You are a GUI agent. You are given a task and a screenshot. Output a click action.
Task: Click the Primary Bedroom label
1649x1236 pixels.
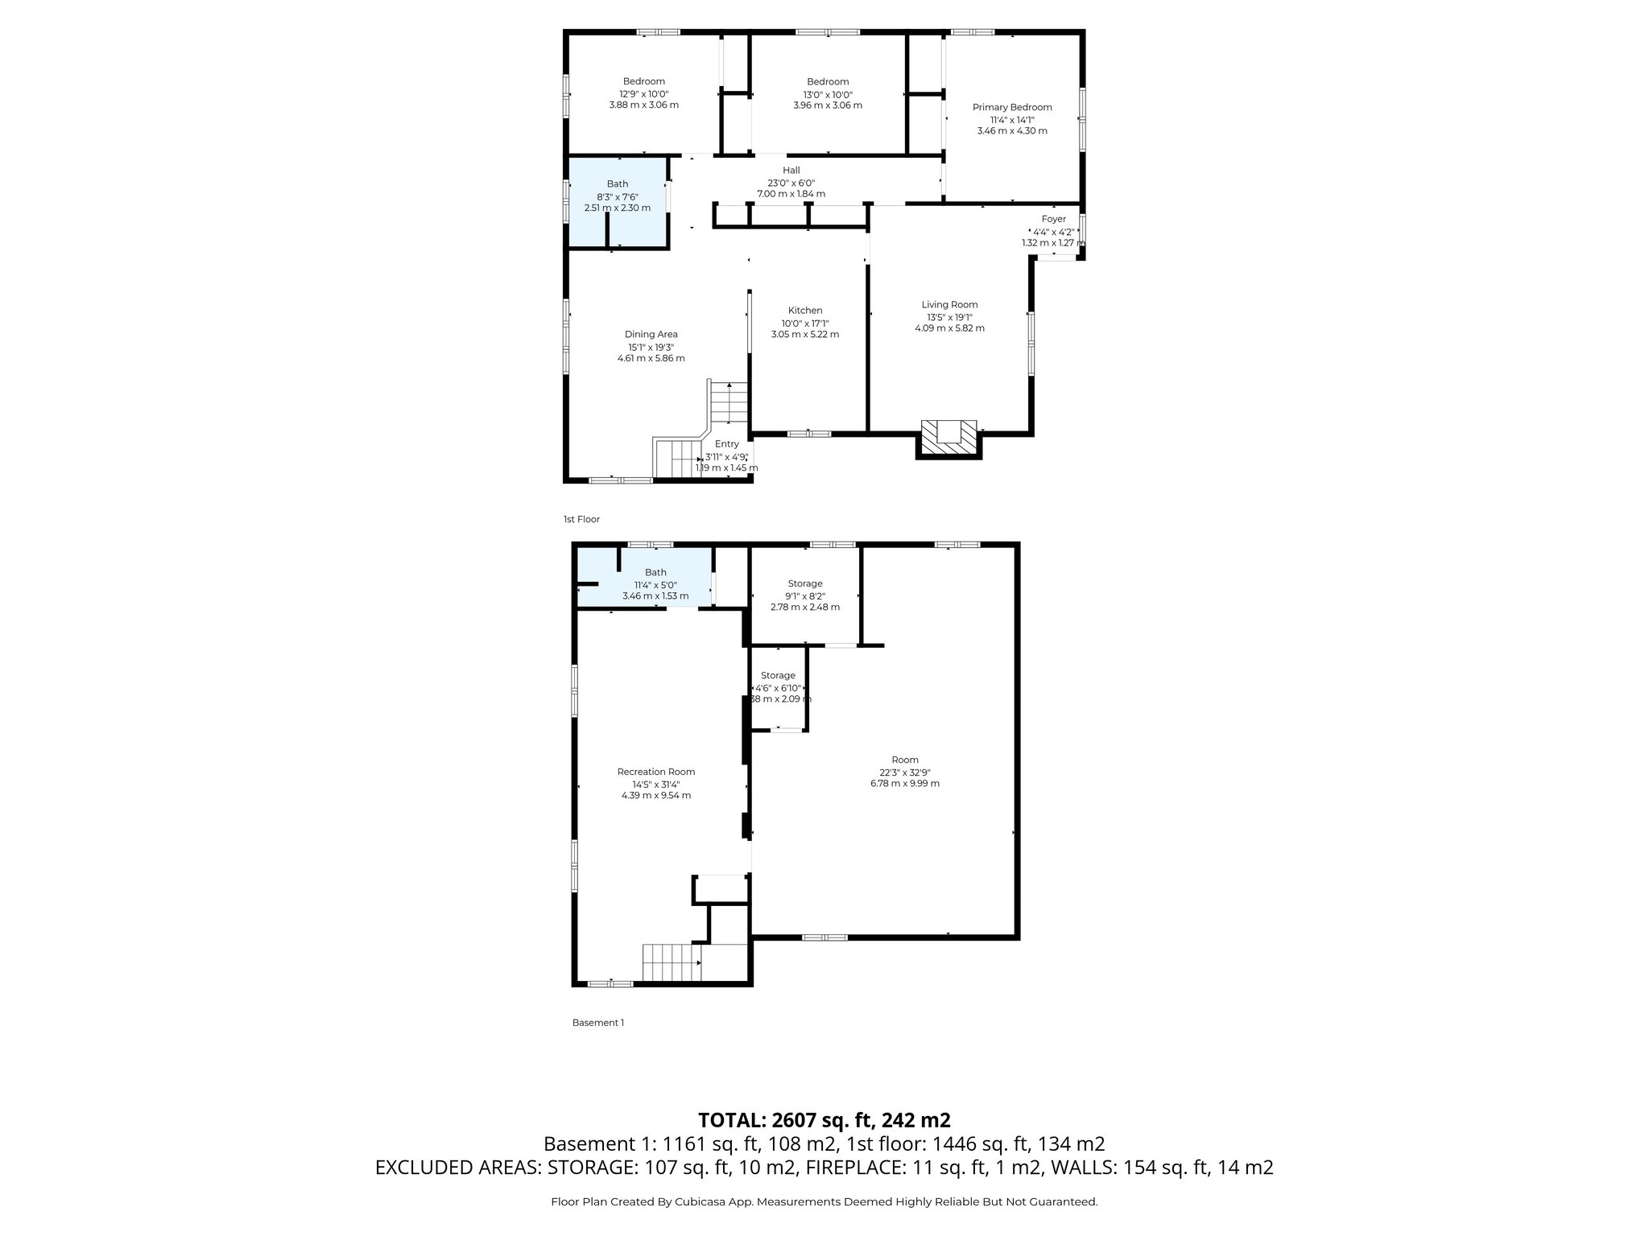pos(1012,107)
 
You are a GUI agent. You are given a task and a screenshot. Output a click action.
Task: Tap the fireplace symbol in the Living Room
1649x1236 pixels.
pos(949,438)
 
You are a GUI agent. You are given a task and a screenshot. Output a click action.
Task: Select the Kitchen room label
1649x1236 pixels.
pos(805,311)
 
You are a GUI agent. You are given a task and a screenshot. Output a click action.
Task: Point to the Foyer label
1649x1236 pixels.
pos(1053,219)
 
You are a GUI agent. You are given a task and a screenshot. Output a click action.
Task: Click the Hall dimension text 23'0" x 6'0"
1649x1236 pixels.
pos(791,183)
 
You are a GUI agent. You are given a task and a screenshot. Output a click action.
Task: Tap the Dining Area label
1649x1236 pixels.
pos(651,335)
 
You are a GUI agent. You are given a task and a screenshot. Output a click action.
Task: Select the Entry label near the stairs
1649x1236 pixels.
pos(726,444)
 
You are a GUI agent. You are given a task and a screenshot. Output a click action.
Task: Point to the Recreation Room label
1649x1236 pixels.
pos(655,772)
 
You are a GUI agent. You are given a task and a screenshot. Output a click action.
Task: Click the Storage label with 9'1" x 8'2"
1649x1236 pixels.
pos(805,583)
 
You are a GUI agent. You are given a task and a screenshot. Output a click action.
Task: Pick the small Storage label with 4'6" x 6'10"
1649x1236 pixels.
pos(778,676)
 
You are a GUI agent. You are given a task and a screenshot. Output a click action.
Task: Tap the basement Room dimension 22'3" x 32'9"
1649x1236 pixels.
pos(905,772)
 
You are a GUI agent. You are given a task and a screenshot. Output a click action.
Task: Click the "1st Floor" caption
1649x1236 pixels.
pos(581,520)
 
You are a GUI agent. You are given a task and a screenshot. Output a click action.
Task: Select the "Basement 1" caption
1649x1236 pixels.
pos(597,1023)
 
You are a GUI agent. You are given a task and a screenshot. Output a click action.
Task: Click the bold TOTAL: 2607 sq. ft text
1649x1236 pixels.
pos(824,1120)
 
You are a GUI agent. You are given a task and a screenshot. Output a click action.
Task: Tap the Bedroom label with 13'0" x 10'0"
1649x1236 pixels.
pos(828,82)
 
